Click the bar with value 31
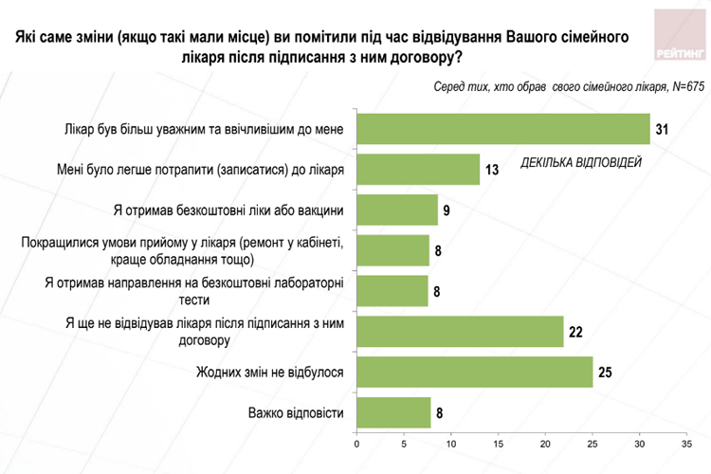pyautogui.click(x=503, y=128)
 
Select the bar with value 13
pyautogui.click(x=418, y=169)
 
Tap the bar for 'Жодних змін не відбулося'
pyautogui.click(x=475, y=372)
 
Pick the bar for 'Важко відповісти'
pyautogui.click(x=394, y=412)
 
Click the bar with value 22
pyautogui.click(x=461, y=331)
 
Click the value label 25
pyautogui.click(x=604, y=372)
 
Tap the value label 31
pyautogui.click(x=662, y=128)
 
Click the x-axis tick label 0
pyautogui.click(x=357, y=444)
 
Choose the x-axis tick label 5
pyautogui.click(x=405, y=444)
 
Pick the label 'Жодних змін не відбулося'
pyautogui.click(x=268, y=372)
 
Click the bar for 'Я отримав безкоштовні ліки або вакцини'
pyautogui.click(x=397, y=210)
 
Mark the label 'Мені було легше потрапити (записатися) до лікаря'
pyautogui.click(x=200, y=169)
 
